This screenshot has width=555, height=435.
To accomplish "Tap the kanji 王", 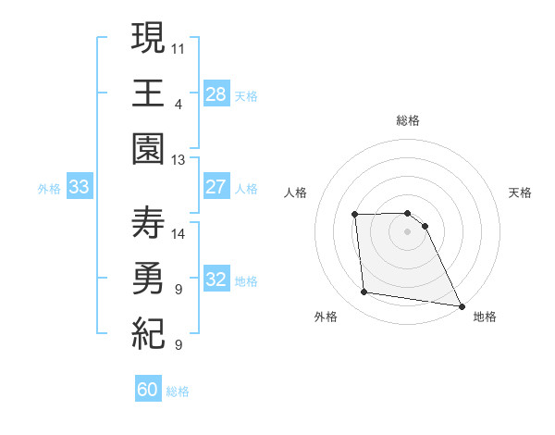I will [148, 93].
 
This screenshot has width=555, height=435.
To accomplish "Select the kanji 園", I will [148, 148].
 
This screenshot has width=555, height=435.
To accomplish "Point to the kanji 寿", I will [148, 223].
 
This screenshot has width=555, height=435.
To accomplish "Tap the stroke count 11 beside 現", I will [179, 47].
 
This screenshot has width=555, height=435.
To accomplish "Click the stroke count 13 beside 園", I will [179, 160].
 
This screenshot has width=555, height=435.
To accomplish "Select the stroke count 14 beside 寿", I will [179, 233].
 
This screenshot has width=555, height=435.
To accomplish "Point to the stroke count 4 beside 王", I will [178, 104].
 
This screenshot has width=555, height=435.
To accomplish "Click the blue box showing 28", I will [216, 93].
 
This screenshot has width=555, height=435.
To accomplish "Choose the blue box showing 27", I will [216, 186].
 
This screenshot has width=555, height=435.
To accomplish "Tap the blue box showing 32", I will [216, 280].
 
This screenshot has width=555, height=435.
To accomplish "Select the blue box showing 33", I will [79, 187].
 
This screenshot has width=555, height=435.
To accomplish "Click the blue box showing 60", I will [148, 390].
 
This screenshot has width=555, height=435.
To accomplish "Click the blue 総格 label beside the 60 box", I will [179, 391].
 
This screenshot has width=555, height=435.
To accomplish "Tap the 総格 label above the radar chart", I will [407, 120].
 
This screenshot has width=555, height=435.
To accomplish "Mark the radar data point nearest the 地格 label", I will [461, 305].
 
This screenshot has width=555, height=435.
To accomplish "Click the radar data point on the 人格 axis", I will [354, 215].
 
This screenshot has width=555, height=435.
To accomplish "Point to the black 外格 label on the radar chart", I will [326, 317].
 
